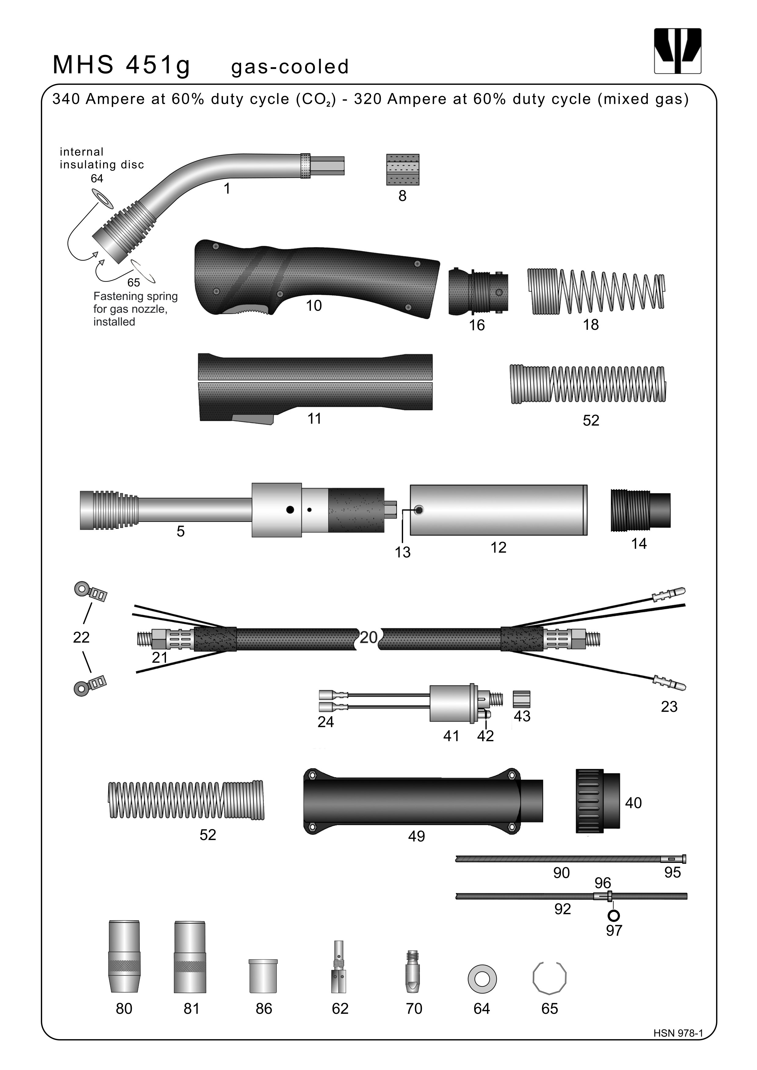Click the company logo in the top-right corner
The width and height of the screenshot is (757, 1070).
(677, 51)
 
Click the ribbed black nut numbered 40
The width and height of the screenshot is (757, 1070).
(598, 801)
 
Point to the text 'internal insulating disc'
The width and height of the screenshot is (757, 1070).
(102, 158)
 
